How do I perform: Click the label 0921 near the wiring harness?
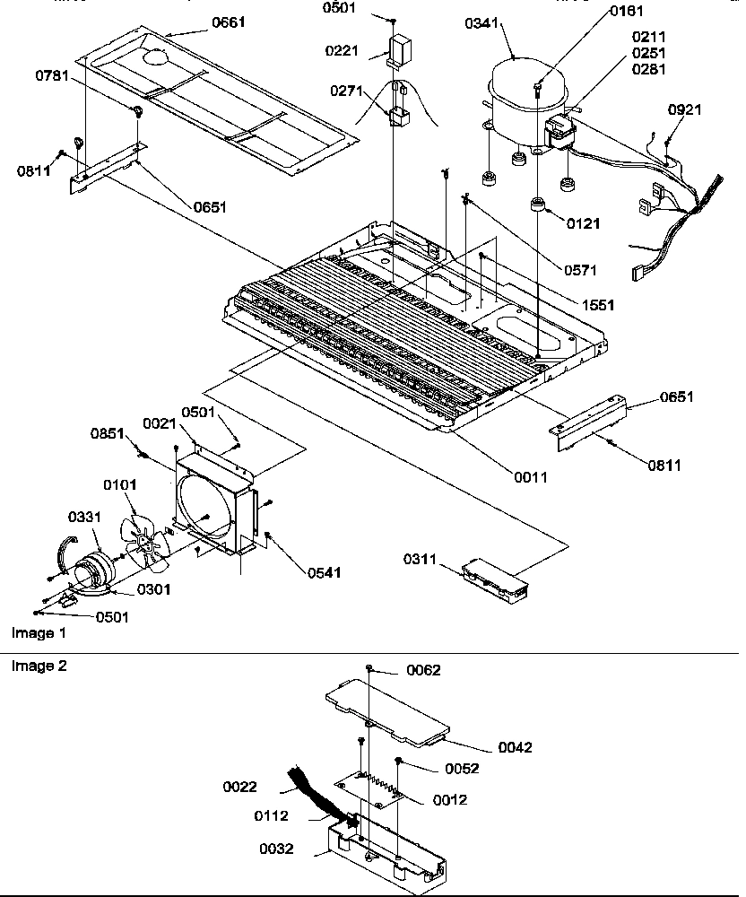(x=684, y=109)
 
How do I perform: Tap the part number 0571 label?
(x=581, y=268)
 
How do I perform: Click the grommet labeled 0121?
(x=537, y=206)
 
